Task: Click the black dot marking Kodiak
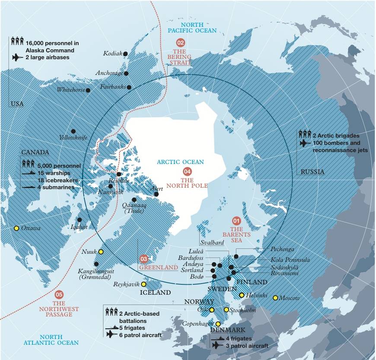click(x=125, y=54)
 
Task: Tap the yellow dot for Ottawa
click(x=16, y=228)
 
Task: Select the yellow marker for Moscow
click(x=275, y=298)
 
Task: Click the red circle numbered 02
click(x=181, y=42)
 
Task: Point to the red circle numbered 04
click(x=187, y=170)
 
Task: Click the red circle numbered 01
click(x=236, y=220)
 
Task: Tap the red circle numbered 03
click(x=144, y=259)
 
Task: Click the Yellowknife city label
click(x=73, y=138)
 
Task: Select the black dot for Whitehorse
click(x=88, y=90)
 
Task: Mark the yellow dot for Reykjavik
click(x=143, y=284)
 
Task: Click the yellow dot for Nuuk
click(x=101, y=251)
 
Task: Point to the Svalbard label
click(x=212, y=243)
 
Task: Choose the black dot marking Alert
click(x=156, y=194)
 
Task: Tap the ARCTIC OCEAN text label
click(x=180, y=162)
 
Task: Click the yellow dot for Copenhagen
click(x=218, y=324)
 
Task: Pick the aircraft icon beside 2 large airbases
click(x=17, y=57)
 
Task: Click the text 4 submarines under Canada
click(x=56, y=187)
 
